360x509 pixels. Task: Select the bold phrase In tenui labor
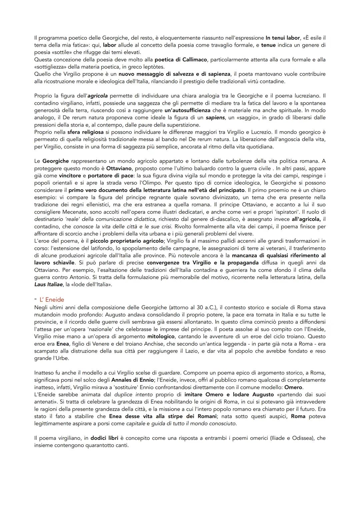click(283, 38)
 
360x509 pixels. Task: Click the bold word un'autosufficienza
click(187, 110)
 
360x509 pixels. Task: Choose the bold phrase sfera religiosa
click(86, 132)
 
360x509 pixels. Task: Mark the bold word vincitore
click(70, 176)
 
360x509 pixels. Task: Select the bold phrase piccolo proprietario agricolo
click(127, 241)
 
